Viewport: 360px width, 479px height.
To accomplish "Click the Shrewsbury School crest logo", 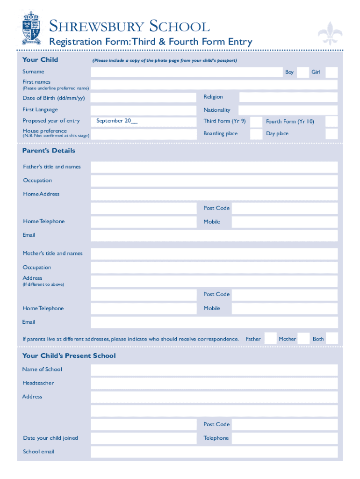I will [x=31, y=28].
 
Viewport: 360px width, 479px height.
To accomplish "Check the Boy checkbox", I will [x=303, y=72].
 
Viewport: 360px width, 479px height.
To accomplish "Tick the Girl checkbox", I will [x=331, y=72].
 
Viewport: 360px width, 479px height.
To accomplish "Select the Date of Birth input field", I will [x=143, y=98].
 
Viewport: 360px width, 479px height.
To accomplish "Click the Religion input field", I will [x=288, y=97].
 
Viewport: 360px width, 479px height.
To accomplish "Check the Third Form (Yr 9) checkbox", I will [x=256, y=122].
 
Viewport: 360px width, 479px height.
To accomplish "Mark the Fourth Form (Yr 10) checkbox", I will [x=331, y=122].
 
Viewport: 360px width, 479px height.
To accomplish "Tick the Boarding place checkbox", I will [x=256, y=134].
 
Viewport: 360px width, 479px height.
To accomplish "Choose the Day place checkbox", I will [x=331, y=134].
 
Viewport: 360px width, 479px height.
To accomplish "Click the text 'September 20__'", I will [x=117, y=121].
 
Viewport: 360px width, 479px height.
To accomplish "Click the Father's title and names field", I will [x=214, y=167].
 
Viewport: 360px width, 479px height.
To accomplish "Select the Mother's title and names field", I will [x=214, y=254].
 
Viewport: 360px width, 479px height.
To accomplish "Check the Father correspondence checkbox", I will [x=270, y=339].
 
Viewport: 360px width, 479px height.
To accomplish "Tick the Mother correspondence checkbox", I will [x=304, y=339].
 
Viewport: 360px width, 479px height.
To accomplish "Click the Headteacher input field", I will [x=214, y=384].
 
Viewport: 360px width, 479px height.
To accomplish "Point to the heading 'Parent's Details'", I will [x=49, y=151].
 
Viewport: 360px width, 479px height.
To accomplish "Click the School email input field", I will [x=214, y=452].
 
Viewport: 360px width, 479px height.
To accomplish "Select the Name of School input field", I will [x=214, y=370].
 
